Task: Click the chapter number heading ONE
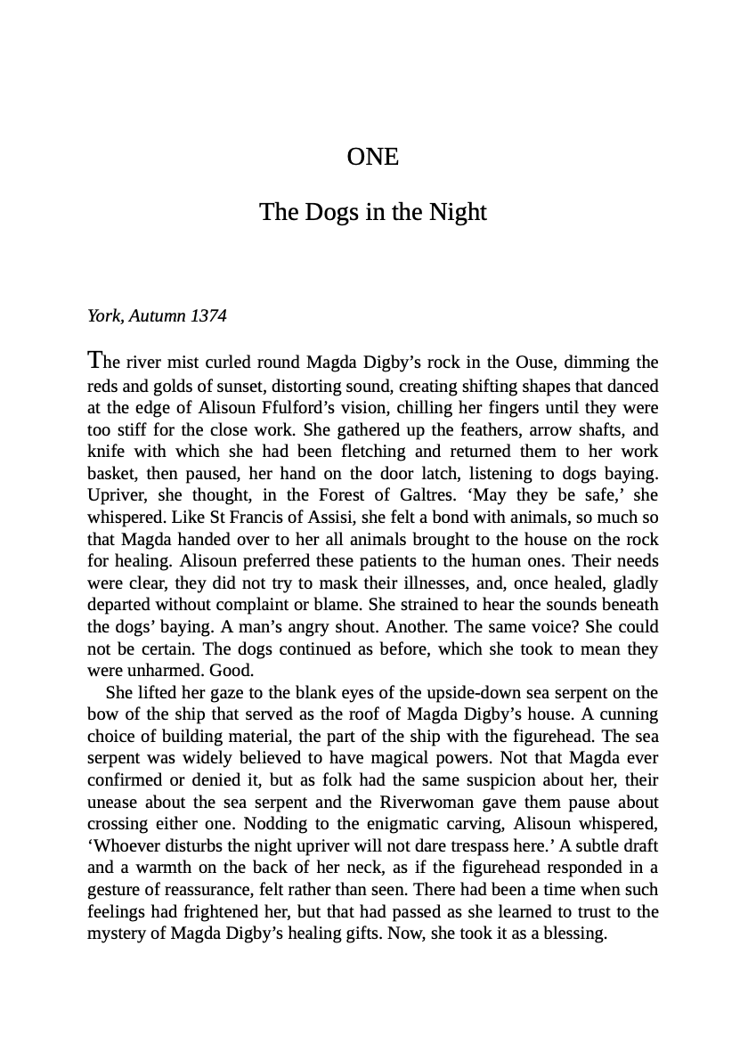(x=373, y=157)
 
